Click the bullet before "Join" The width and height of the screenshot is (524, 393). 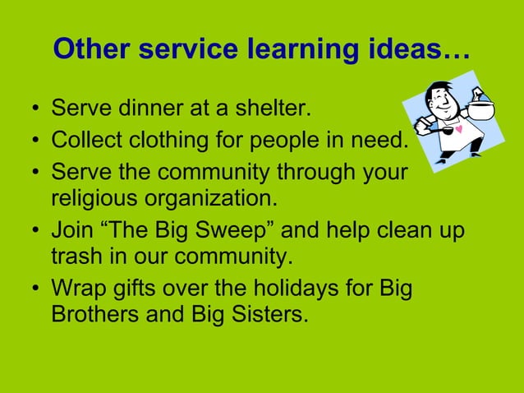coord(35,230)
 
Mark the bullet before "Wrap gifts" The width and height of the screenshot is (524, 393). coord(35,289)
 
